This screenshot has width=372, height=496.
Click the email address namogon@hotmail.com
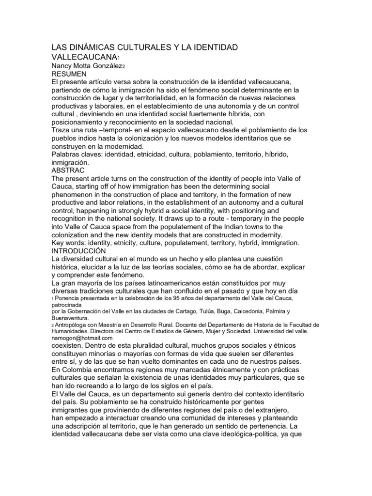click(x=82, y=338)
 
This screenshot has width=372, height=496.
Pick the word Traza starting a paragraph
click(x=62, y=130)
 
